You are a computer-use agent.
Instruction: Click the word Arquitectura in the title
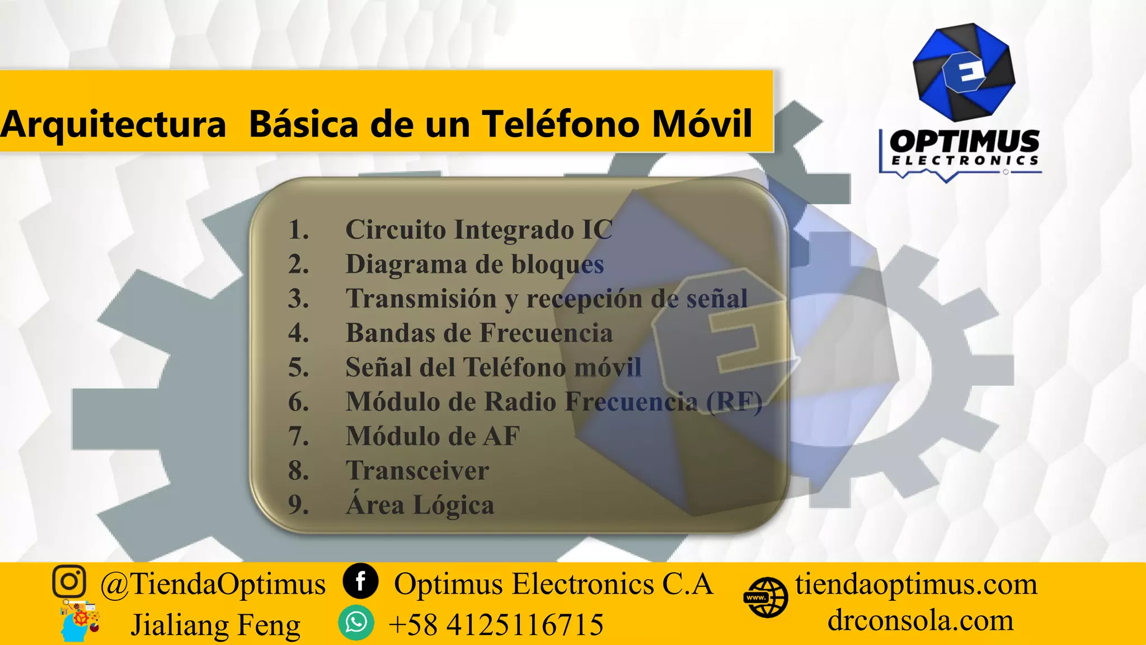(x=113, y=124)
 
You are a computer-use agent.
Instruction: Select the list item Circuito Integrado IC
(x=478, y=230)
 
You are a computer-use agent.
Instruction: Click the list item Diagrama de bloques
(x=475, y=264)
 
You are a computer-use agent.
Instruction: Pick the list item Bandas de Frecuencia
(x=479, y=333)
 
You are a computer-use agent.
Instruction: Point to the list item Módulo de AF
(x=433, y=436)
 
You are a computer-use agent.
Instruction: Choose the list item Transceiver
(x=417, y=471)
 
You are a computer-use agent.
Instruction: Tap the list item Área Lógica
(x=420, y=505)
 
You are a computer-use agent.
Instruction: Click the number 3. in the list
(x=298, y=299)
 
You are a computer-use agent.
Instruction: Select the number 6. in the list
(x=298, y=402)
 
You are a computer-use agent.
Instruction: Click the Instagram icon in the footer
(x=69, y=581)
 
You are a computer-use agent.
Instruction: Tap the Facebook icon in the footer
(x=360, y=581)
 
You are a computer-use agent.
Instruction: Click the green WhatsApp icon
(x=356, y=623)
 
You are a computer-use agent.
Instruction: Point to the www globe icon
(x=765, y=597)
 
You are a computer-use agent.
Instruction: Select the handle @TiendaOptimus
(x=213, y=584)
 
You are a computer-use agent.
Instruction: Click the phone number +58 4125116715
(x=496, y=624)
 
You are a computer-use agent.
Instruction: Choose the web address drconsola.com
(x=920, y=620)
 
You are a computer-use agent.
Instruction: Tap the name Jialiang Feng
(x=215, y=625)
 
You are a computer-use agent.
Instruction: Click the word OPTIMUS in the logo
(x=964, y=141)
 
